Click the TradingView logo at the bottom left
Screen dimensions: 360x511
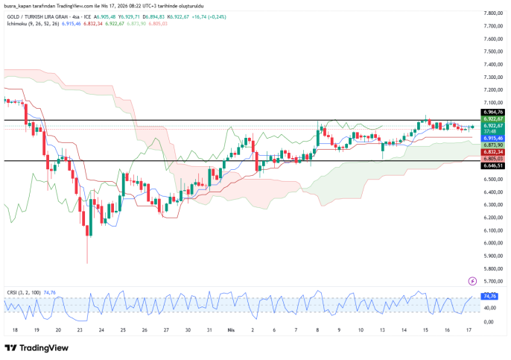(x=36, y=347)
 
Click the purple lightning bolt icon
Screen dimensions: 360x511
(x=472, y=281)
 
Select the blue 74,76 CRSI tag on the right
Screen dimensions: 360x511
(x=490, y=296)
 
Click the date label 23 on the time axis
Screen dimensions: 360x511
(x=80, y=329)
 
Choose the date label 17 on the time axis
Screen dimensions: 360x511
(x=468, y=329)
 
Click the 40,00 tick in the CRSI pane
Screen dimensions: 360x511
(x=490, y=307)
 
